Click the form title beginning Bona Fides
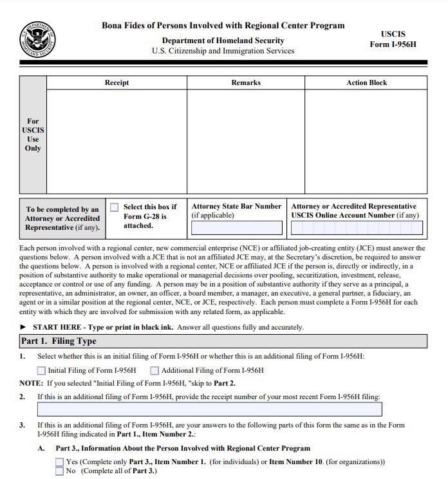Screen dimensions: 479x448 coord(223,26)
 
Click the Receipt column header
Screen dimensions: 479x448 coord(117,83)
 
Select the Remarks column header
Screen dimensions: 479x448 coord(246,83)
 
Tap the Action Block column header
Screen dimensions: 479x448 coord(366,83)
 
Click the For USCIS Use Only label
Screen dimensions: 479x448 coord(33,135)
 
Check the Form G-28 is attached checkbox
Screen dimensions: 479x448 coord(115,207)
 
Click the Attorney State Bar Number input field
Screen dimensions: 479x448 coord(237,228)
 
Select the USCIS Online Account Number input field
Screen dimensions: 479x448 coord(357,228)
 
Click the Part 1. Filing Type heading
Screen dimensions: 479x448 coord(59,341)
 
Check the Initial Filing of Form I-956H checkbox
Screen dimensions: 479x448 coord(42,370)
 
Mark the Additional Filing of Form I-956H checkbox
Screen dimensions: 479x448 coord(154,370)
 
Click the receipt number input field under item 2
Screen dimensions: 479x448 coord(209,409)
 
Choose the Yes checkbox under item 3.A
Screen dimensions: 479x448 coord(60,462)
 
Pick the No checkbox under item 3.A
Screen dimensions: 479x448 coord(60,471)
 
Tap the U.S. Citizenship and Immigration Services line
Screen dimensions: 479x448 coord(223,51)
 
